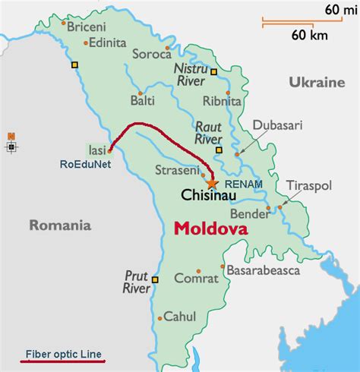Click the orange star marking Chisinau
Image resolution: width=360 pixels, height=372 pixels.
211,183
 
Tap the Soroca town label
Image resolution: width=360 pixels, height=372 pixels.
150,55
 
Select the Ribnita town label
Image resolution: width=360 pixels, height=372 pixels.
222,101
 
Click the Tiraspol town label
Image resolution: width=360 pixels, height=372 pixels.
309,186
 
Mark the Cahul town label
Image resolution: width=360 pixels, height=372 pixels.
181,317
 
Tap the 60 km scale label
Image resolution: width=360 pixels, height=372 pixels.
308,35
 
